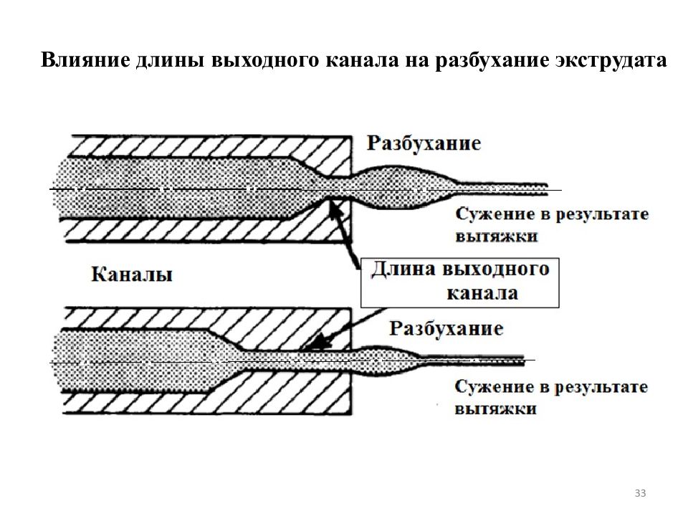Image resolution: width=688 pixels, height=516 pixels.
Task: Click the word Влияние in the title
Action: pos(85,59)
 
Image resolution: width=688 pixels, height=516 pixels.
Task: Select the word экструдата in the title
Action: pos(611,60)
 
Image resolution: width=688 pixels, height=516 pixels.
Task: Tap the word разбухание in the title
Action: pos(492,60)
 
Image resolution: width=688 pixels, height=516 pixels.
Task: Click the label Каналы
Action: pos(132,274)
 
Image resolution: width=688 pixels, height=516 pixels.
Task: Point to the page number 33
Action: pos(640,493)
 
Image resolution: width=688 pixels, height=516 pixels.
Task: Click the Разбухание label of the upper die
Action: pos(424,143)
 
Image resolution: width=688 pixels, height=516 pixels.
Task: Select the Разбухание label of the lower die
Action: pos(446,329)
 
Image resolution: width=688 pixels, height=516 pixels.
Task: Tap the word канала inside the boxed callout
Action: pos(482,293)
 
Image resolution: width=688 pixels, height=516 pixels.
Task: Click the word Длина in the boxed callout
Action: pos(403,269)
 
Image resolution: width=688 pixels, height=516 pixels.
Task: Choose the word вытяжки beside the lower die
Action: pos(496,409)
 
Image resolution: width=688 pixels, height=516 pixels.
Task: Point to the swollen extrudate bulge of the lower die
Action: pos(386,360)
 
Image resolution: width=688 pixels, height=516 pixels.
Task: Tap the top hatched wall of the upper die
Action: pos(211,146)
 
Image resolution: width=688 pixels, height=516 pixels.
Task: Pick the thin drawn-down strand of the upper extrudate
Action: pos(502,189)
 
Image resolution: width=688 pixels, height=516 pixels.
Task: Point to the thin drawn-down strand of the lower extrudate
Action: pos(473,360)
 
